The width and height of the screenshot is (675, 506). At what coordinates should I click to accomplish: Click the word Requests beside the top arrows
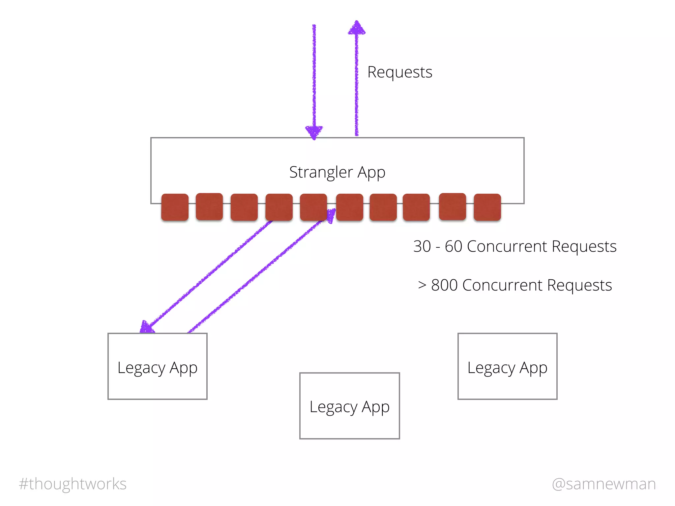(399, 72)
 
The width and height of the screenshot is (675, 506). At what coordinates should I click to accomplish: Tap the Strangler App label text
(337, 172)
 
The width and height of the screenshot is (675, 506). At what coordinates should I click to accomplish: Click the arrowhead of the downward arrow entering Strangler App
(314, 132)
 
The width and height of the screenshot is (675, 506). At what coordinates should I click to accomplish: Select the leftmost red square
(175, 207)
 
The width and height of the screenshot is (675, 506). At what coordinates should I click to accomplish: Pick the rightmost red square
(487, 207)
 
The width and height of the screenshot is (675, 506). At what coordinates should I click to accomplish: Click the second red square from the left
(209, 207)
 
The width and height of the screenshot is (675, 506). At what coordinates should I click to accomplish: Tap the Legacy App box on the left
(158, 366)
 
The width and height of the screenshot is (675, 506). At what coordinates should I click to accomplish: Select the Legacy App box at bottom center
(349, 406)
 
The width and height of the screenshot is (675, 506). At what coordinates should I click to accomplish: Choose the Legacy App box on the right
(507, 366)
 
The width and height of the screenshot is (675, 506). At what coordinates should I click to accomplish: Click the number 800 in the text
(444, 285)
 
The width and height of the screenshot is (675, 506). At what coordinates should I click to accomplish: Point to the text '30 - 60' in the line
(438, 246)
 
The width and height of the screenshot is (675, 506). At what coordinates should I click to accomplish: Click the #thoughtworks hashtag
(73, 484)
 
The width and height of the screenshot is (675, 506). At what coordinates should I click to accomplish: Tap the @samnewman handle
(604, 484)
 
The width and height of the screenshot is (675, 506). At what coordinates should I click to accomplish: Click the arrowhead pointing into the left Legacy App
(146, 327)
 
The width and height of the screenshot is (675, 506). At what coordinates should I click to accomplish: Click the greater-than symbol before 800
(422, 285)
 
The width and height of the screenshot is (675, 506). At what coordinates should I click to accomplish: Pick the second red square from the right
(453, 207)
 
